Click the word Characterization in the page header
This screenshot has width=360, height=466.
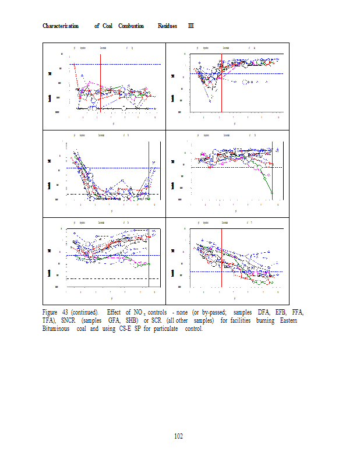(61, 26)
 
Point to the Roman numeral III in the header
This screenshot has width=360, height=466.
(190, 26)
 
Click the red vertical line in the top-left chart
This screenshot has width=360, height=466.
(101, 82)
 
